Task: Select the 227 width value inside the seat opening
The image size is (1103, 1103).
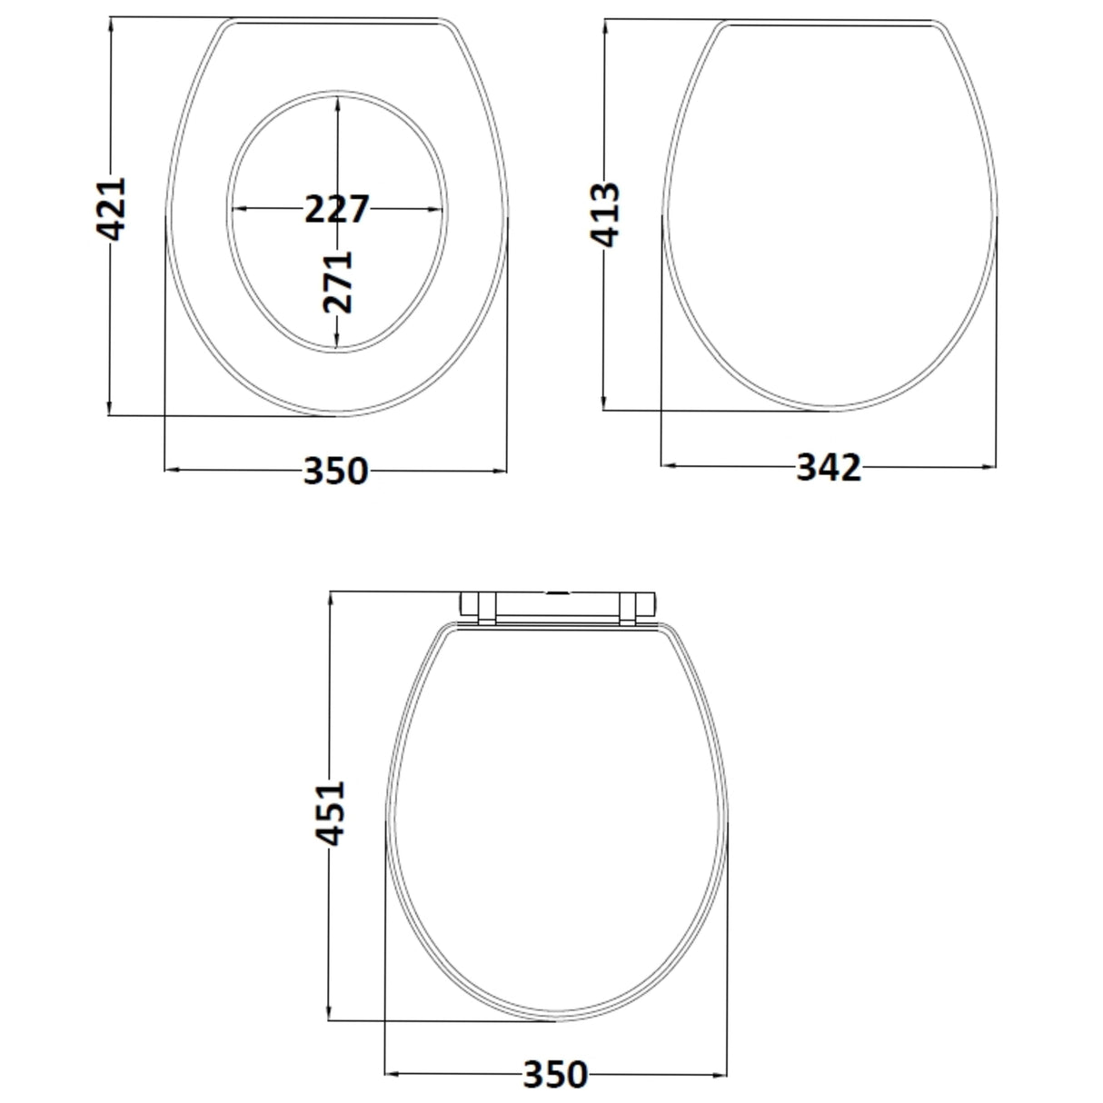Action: pyautogui.click(x=336, y=209)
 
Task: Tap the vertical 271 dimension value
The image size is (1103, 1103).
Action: pyautogui.click(x=337, y=282)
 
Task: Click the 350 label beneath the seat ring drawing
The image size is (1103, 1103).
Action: pyautogui.click(x=335, y=471)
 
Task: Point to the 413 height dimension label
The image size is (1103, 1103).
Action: pyautogui.click(x=605, y=214)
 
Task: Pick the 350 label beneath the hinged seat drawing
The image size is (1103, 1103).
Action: pyautogui.click(x=555, y=1074)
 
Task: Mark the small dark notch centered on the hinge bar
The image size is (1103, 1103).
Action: pyautogui.click(x=557, y=593)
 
